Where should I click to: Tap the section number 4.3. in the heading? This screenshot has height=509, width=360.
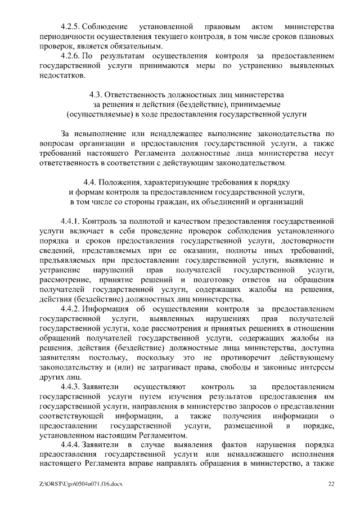(x=97, y=94)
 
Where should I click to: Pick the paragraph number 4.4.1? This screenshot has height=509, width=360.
(x=70, y=222)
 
